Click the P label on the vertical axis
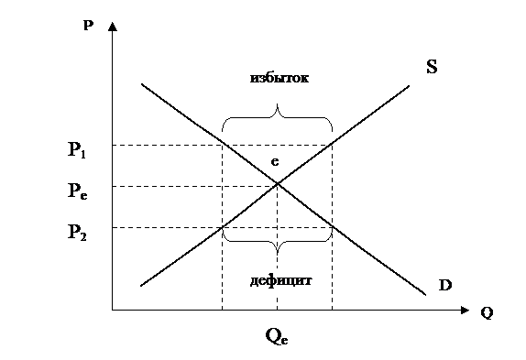tap(88, 26)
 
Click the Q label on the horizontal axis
tap(487, 313)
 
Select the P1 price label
tap(77, 150)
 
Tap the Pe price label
tap(78, 191)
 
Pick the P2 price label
tap(77, 232)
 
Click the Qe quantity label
tap(277, 336)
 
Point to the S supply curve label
tap(432, 66)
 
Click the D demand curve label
tap(445, 285)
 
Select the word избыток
tap(279, 78)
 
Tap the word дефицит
tap(281, 280)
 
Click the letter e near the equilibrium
tap(275, 162)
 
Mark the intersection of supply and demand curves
tap(278, 183)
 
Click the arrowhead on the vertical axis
tap(113, 27)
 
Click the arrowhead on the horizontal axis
tap(465, 310)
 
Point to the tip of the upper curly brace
tap(277, 104)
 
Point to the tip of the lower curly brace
tap(277, 255)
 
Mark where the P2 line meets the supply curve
tap(222, 227)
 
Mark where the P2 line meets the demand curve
tap(333, 227)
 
